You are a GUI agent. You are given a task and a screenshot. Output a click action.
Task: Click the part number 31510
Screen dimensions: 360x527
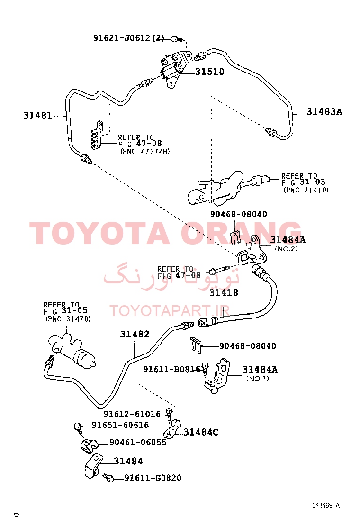point(210,72)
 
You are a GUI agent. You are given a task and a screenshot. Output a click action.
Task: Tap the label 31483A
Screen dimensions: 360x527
point(324,111)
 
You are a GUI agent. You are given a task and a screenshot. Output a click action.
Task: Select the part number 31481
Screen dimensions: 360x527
point(37,116)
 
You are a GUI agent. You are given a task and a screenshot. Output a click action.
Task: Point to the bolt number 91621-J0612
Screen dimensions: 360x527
point(122,37)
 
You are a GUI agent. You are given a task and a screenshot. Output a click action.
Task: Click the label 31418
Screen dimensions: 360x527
point(224,293)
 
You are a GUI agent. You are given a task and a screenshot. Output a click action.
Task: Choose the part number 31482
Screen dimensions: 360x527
point(135,334)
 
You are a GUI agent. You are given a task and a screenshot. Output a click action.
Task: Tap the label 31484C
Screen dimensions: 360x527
point(201,432)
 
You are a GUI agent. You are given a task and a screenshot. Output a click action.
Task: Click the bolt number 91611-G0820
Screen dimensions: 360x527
point(153,478)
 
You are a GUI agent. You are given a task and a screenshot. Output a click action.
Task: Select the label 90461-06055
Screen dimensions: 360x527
point(138,442)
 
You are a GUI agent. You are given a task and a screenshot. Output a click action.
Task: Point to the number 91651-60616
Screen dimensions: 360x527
point(120,425)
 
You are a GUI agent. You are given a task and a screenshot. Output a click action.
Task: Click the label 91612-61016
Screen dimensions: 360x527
point(132,414)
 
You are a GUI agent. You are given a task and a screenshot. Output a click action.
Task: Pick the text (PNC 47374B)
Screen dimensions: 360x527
point(145,152)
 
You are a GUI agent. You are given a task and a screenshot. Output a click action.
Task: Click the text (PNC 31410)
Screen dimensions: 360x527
point(306,190)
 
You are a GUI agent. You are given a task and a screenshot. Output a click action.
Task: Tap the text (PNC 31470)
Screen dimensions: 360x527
point(68,319)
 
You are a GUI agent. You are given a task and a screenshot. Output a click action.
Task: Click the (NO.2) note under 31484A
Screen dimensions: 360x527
point(286,249)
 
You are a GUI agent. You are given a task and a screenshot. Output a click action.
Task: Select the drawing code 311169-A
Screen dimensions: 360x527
point(326,506)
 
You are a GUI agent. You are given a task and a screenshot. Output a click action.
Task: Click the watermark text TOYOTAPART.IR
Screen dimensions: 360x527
point(170,311)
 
